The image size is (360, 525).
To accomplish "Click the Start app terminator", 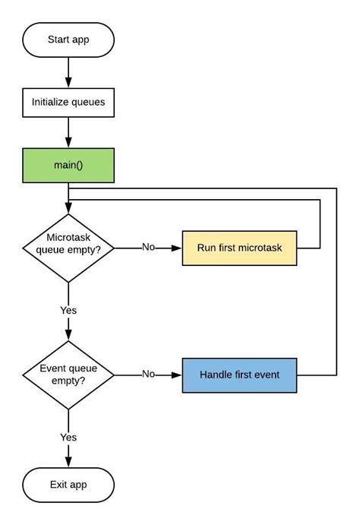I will [69, 39].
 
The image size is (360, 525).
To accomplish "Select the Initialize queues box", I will [69, 101].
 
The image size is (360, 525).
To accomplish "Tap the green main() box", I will [69, 164].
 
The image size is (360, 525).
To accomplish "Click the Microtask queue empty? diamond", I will [69, 248].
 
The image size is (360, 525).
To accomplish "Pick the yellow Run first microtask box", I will [239, 248].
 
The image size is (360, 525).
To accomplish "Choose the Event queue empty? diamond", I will [69, 374].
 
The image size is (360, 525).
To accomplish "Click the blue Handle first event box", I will [239, 375].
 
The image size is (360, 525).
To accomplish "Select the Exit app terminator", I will [69, 484].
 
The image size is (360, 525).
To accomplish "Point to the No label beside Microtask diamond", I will [149, 248].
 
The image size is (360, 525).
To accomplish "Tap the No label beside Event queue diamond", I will [149, 375].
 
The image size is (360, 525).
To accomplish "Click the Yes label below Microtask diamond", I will [68, 310].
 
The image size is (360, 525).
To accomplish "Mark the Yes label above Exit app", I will [68, 437].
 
